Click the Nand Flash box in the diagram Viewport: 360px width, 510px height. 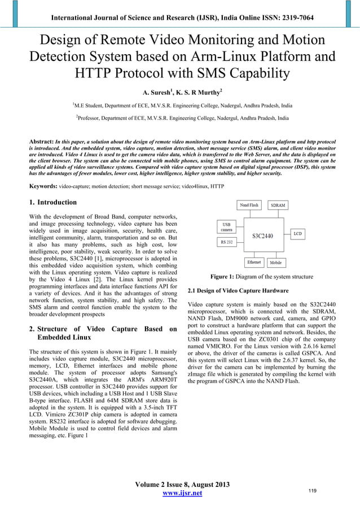(249, 205)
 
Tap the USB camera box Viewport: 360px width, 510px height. (226, 226)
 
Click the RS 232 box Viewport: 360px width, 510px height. (226, 242)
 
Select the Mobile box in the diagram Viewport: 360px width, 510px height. (276, 263)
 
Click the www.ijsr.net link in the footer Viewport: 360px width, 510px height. (182, 494)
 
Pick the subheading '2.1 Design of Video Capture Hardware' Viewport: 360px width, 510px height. (238, 290)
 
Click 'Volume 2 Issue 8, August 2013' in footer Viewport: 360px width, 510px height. (182, 484)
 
